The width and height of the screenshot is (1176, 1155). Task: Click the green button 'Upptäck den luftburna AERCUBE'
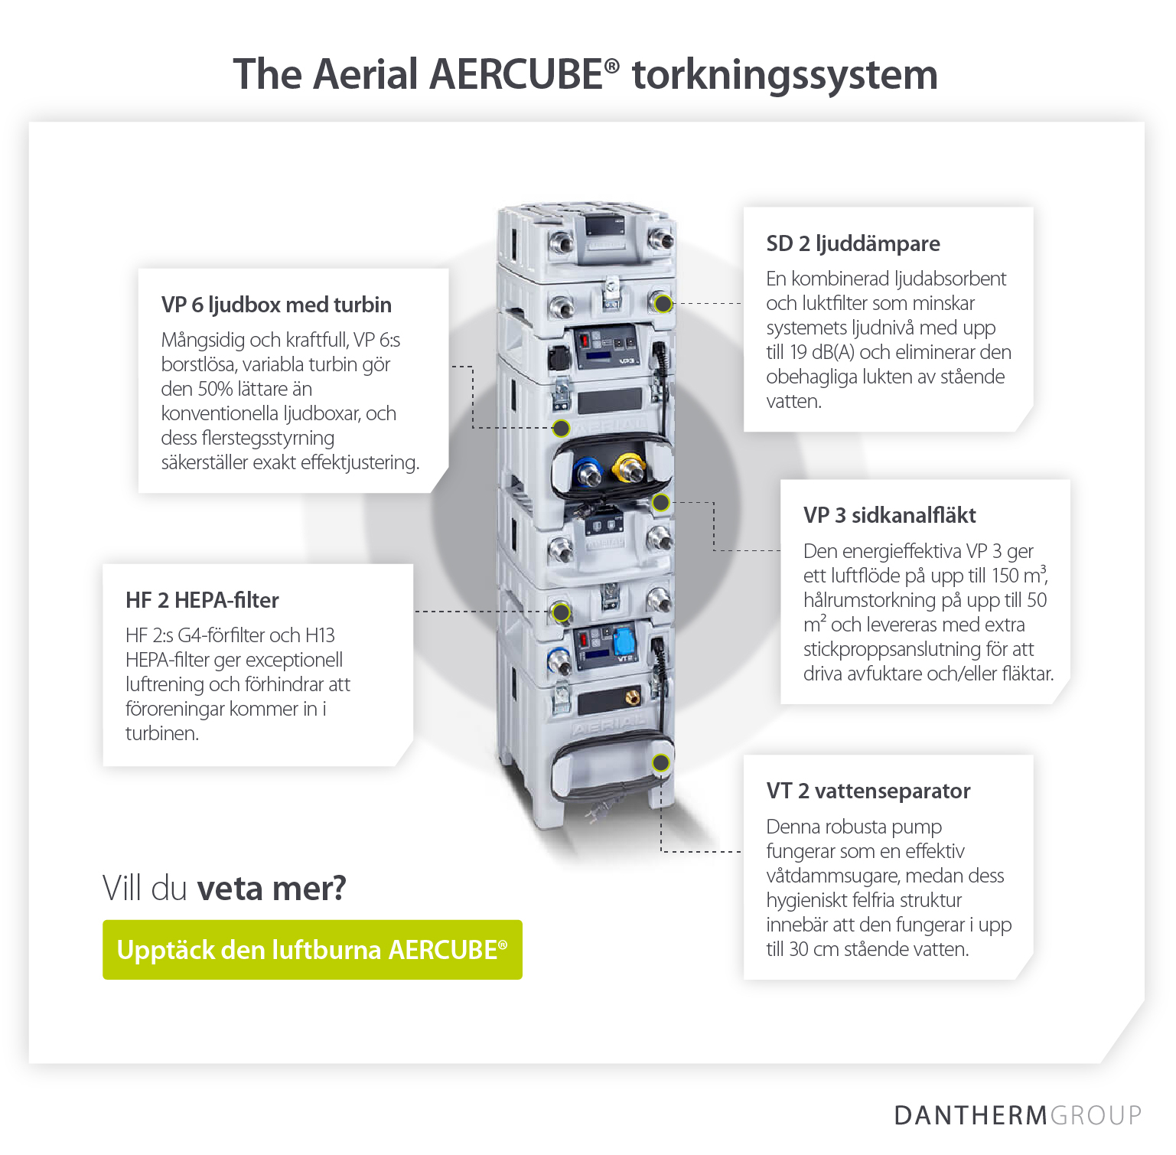click(x=312, y=950)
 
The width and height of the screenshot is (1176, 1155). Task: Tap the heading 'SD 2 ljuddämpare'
click(x=853, y=244)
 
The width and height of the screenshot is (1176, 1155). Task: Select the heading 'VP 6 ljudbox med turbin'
click(x=276, y=305)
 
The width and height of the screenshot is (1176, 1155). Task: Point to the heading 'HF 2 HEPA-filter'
click(x=202, y=601)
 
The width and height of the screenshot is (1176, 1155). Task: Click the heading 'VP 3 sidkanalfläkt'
click(x=889, y=516)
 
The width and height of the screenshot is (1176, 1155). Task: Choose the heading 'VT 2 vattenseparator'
click(x=868, y=791)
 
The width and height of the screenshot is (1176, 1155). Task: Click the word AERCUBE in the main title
click(x=516, y=75)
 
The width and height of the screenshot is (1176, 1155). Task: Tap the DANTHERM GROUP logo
click(x=1017, y=1115)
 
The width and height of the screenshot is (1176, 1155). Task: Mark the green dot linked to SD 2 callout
click(x=663, y=304)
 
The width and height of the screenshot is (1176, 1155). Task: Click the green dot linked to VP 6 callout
click(x=561, y=428)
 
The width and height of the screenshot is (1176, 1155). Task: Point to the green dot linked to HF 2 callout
click(x=562, y=612)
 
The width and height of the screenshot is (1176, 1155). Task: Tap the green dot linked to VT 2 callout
click(x=661, y=763)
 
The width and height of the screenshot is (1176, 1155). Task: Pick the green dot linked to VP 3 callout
click(x=661, y=503)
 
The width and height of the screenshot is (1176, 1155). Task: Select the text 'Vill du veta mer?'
click(x=224, y=889)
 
